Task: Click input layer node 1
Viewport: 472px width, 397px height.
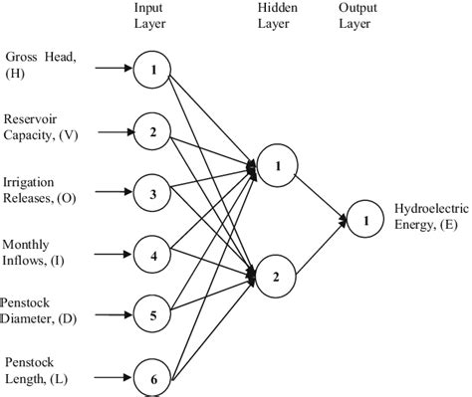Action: pos(152,70)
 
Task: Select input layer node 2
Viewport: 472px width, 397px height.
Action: pos(152,131)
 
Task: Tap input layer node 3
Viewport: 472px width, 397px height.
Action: pos(152,193)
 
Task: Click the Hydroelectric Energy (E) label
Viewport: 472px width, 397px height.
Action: pos(426,218)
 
